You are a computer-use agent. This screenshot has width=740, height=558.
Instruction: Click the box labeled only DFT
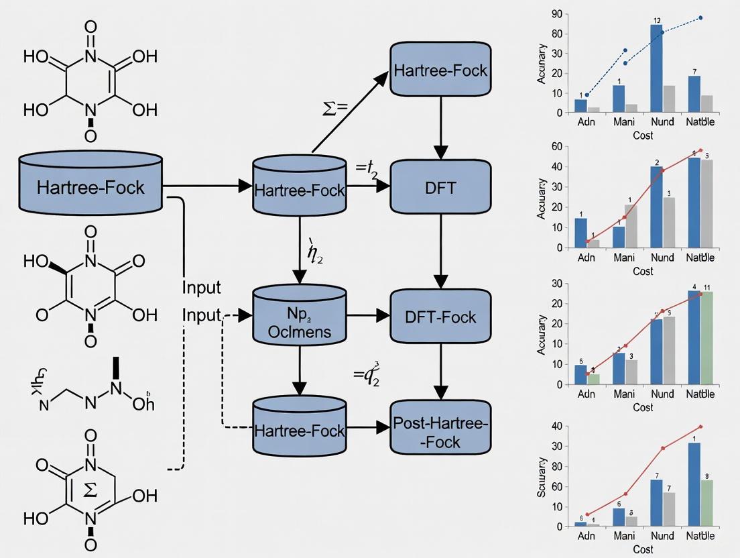(x=440, y=188)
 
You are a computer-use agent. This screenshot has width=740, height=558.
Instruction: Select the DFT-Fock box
(x=440, y=317)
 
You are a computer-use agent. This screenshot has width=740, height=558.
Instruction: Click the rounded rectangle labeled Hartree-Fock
(x=440, y=70)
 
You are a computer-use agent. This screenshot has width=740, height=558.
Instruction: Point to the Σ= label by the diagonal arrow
(x=333, y=109)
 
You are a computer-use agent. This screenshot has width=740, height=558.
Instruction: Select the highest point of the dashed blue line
(x=700, y=17)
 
